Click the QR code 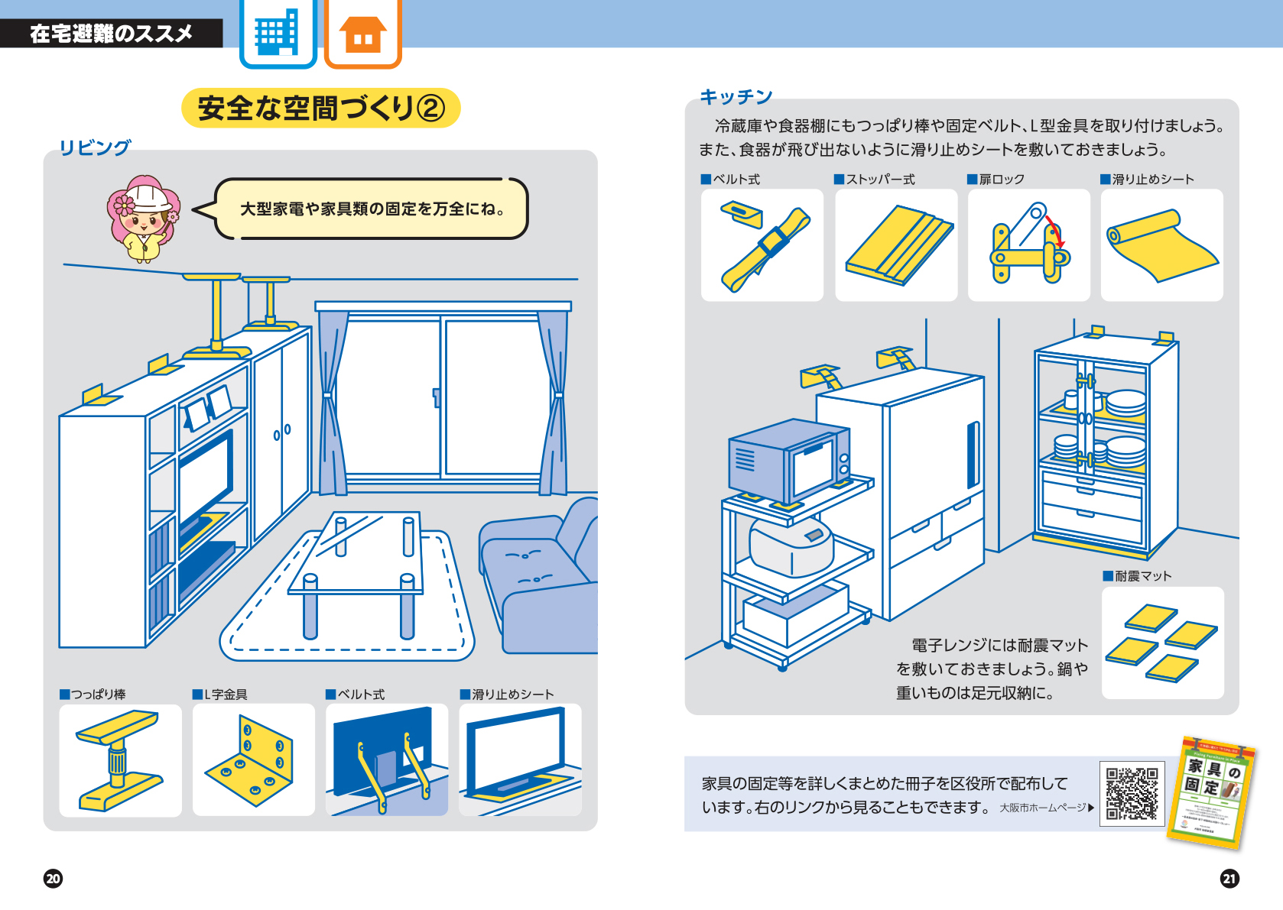coord(1132,794)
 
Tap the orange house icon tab coord(363,34)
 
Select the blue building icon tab coord(278,34)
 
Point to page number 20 coord(53,878)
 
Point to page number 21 coord(1229,878)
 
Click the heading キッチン coord(736,97)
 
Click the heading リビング coord(95,147)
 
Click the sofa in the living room coord(543,581)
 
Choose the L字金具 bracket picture coord(253,759)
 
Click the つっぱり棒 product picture coord(120,759)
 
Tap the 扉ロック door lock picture coord(1028,245)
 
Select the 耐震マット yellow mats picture coord(1162,643)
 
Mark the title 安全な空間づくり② coord(321,108)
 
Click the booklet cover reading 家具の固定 coord(1212,792)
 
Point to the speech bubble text coord(372,209)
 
